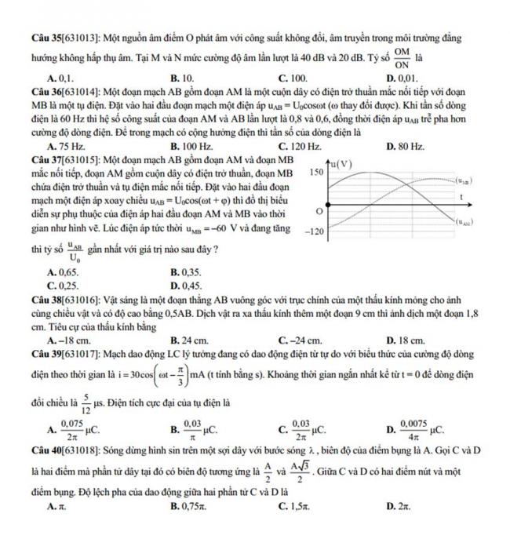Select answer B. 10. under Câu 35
coord(181,78)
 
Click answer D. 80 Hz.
coord(406,146)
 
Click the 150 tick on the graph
coord(318,171)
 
